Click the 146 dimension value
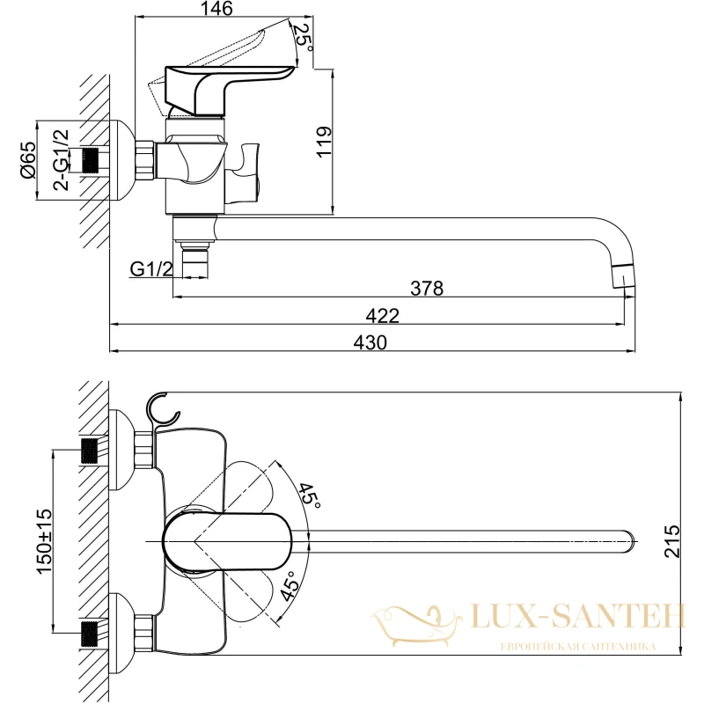point(216,9)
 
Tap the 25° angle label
point(302,38)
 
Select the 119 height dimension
point(324,142)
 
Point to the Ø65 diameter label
point(28,159)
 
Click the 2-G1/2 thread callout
point(61,160)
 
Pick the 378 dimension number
point(427,289)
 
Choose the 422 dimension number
point(382,316)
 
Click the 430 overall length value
point(370,342)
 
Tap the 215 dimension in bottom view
point(672,541)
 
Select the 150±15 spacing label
point(45,541)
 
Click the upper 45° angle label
point(309,496)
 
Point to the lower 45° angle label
point(290,586)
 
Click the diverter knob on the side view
point(243,172)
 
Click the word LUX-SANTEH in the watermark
point(578,616)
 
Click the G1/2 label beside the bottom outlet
point(151,269)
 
